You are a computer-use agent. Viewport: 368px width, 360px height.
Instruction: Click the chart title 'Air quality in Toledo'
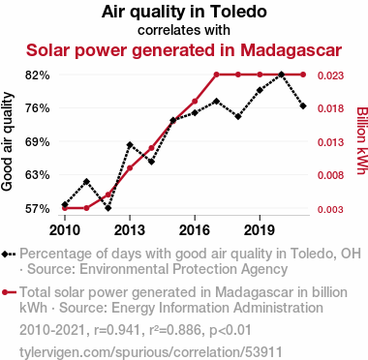(x=184, y=12)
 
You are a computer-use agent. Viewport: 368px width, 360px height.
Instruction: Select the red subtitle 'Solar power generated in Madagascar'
(x=184, y=50)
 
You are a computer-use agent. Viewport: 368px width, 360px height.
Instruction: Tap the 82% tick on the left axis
(x=38, y=75)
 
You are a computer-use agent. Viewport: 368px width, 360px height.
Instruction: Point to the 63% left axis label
(x=38, y=175)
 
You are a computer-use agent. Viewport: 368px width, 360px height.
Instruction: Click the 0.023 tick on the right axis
(x=330, y=75)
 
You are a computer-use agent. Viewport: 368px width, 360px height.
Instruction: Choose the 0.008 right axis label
(x=330, y=175)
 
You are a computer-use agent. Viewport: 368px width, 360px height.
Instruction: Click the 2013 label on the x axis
(x=130, y=230)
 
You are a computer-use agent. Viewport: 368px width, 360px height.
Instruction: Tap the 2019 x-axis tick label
(x=260, y=230)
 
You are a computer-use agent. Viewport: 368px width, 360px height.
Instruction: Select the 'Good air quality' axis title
(x=7, y=141)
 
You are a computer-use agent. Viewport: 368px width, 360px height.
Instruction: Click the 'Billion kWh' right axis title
(x=361, y=140)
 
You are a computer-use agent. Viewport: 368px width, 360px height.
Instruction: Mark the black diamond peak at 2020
(x=282, y=75)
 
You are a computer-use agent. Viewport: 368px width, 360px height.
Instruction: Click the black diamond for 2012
(x=108, y=208)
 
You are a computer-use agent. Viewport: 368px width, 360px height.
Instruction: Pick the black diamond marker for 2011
(x=86, y=182)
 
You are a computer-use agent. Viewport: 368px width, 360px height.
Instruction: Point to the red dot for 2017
(x=216, y=75)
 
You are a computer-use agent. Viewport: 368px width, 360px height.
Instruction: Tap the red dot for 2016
(x=195, y=102)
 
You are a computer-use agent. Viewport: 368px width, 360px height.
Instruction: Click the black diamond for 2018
(x=238, y=116)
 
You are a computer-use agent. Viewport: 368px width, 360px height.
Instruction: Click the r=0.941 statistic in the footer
(x=117, y=330)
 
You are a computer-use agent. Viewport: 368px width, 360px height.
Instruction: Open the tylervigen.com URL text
(x=151, y=352)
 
